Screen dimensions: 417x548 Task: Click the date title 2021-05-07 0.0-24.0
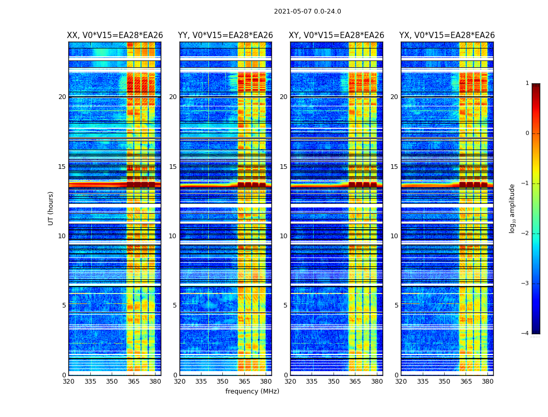pos(307,11)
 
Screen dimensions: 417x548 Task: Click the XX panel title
pos(115,35)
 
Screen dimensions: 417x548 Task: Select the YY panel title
pos(225,35)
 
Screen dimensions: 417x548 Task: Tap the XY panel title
pos(337,35)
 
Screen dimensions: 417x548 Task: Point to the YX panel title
pos(447,35)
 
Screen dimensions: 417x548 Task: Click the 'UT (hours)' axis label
pos(51,208)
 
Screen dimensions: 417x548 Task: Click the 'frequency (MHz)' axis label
pos(252,391)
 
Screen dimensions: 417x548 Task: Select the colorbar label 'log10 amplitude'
pos(513,208)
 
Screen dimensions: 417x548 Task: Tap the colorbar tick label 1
pos(527,83)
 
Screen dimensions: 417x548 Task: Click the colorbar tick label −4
pos(526,334)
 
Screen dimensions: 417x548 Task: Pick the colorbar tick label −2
pos(526,234)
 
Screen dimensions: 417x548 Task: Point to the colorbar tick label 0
pos(527,133)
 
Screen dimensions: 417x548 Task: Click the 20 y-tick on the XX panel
pos(62,97)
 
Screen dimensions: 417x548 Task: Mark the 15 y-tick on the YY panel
pos(173,167)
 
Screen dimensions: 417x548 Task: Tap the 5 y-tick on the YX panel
pos(396,305)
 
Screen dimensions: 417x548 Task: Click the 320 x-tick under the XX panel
pos(68,382)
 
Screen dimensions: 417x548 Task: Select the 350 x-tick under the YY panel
pos(223,382)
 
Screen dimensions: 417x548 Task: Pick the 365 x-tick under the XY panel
pos(355,382)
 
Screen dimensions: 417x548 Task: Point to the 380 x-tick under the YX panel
pos(487,382)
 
